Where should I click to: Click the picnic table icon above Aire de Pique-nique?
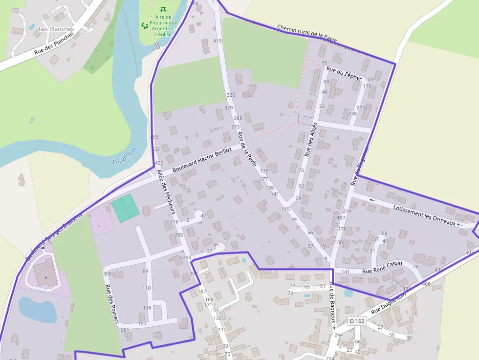point(163,9)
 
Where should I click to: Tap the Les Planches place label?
point(56,29)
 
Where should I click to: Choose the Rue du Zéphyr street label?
point(344,74)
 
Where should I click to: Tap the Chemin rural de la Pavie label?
point(306,34)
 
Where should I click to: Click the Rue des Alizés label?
point(311,139)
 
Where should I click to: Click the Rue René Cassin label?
point(382,267)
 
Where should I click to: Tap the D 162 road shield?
point(357,321)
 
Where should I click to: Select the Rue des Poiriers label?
point(112,304)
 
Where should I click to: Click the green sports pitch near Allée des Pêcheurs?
point(125,208)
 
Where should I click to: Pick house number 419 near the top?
point(218,41)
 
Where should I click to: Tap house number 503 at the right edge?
point(470,252)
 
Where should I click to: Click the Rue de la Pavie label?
point(247,149)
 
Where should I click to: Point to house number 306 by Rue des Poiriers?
point(108,274)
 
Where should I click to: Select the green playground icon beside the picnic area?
point(145,25)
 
